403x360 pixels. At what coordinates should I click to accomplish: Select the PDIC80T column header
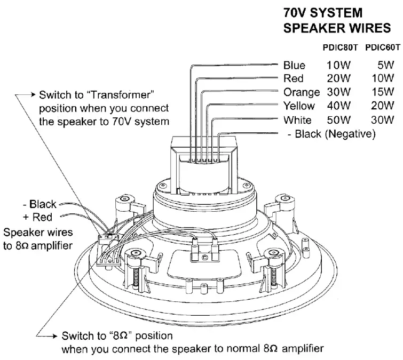[x=341, y=47]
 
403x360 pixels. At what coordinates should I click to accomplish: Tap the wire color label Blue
[x=295, y=66]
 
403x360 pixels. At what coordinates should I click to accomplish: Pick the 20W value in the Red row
[x=338, y=79]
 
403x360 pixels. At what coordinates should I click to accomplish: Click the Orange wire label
[x=302, y=92]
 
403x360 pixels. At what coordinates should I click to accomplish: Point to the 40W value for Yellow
[x=338, y=106]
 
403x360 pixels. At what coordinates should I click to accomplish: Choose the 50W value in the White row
[x=338, y=119]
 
